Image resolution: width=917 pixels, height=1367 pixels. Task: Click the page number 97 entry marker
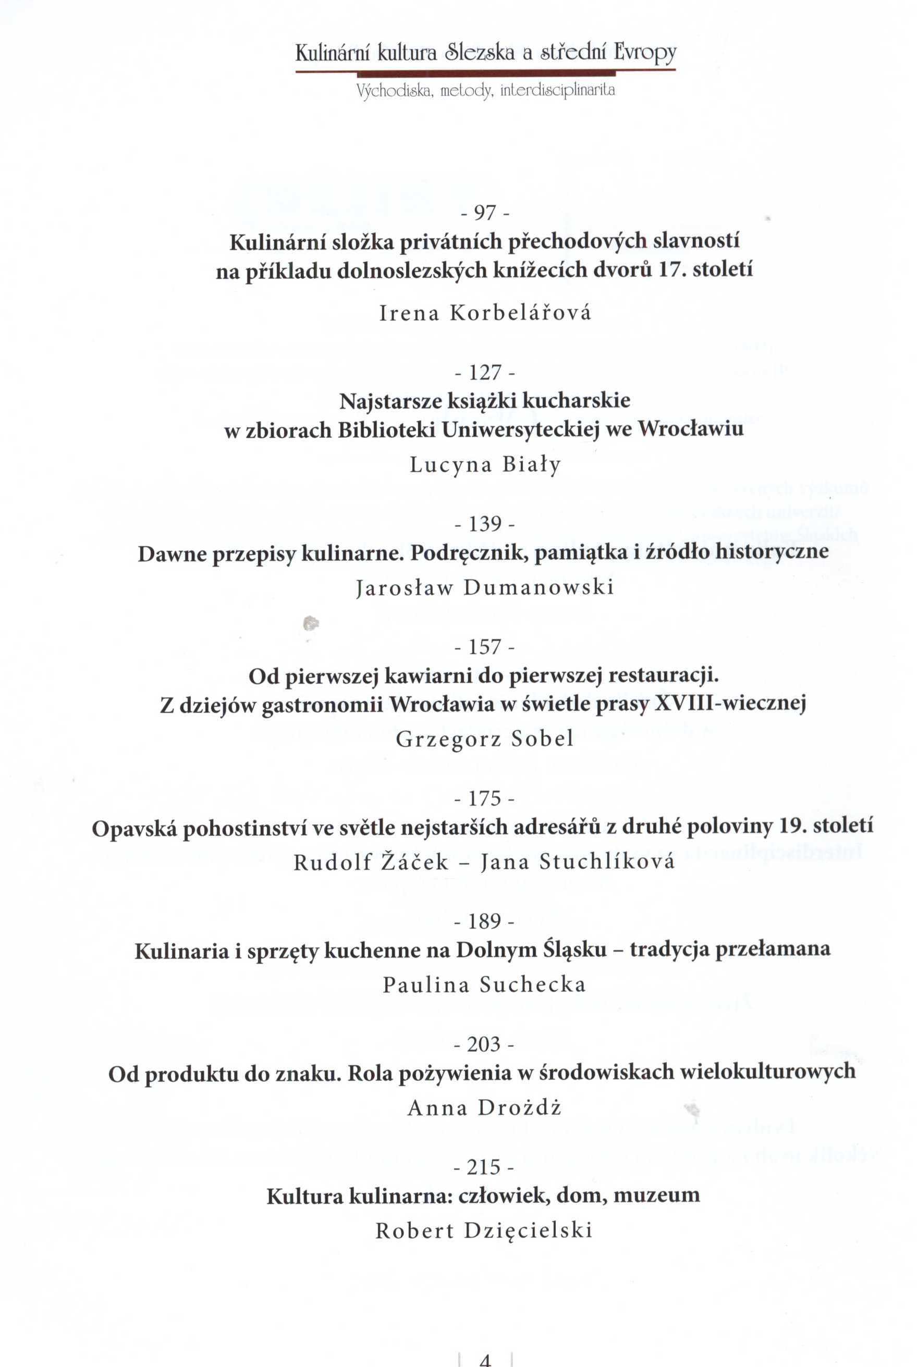(485, 213)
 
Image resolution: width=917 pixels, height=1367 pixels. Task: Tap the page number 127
(485, 373)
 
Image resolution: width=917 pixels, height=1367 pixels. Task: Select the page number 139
(485, 524)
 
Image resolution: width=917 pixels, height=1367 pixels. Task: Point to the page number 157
(485, 647)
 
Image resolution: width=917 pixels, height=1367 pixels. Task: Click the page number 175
(485, 799)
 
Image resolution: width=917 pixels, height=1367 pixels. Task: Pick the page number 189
(485, 922)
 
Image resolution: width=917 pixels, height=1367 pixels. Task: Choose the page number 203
(485, 1044)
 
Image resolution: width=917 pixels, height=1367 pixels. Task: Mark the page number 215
(485, 1167)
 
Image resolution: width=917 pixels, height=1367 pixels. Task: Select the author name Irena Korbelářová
(485, 313)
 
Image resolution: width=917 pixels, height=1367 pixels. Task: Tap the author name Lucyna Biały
(485, 465)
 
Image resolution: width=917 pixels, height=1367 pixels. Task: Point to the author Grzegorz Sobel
(485, 739)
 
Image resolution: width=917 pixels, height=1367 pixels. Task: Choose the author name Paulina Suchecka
(485, 984)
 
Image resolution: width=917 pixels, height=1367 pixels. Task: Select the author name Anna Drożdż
(485, 1108)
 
